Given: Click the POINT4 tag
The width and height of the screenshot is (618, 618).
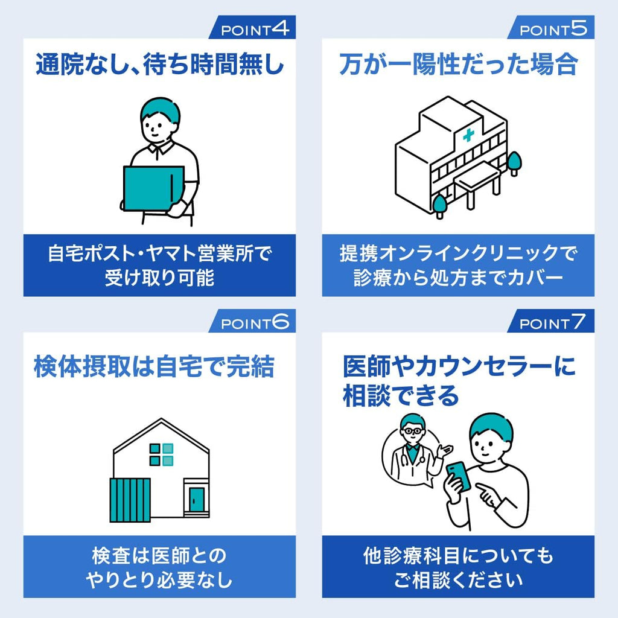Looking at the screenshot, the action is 252,27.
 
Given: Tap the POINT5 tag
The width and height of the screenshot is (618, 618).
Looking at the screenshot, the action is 551,27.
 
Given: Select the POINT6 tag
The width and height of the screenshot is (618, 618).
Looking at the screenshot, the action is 252,321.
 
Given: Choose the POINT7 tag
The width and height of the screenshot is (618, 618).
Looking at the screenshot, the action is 551,321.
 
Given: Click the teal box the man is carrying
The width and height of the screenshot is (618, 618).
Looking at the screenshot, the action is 154,188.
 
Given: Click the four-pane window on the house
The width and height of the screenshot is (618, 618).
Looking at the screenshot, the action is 161,454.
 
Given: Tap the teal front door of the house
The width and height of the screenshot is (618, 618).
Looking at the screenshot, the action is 196,499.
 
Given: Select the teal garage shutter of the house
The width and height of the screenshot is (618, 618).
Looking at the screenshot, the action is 130,500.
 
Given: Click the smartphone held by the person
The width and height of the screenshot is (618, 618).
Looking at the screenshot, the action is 459,476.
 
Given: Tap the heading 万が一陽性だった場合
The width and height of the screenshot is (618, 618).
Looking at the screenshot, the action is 459,64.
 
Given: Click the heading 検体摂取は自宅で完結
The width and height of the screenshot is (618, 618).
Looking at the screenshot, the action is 154,366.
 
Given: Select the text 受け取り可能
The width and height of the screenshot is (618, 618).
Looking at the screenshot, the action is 159,278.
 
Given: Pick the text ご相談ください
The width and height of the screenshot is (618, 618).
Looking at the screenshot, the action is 458,580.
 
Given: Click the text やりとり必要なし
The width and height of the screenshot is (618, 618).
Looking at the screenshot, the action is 159,580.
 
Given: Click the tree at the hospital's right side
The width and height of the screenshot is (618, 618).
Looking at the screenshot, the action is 514,164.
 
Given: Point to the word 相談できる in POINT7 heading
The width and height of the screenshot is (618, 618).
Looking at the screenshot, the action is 401,396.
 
